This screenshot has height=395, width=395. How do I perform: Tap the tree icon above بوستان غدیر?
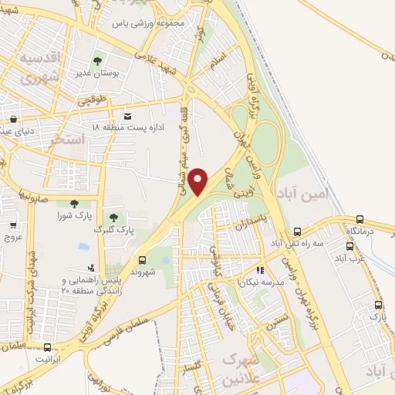tap(97, 61)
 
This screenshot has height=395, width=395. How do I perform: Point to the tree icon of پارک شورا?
tap(74, 204)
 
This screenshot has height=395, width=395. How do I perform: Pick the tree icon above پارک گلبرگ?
tap(113, 218)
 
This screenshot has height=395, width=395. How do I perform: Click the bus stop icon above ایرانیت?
tap(48, 348)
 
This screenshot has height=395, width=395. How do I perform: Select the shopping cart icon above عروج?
tap(14, 225)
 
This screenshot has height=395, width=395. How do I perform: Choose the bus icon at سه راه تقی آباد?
tap(297, 231)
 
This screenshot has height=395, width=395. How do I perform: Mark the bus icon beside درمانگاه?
tap(360, 220)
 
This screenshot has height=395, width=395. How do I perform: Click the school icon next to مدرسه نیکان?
tap(259, 270)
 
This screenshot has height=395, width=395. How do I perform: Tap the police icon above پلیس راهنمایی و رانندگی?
tap(93, 267)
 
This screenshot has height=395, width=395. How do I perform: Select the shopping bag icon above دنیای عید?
tap(13, 119)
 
